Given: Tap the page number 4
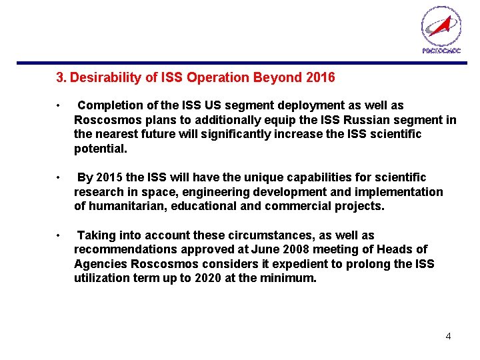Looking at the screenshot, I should point(448,336).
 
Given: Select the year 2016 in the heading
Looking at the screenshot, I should point(320,78).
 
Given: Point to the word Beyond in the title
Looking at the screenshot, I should point(279,78).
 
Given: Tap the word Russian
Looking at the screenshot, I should point(376,120).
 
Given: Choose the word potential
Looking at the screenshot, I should point(100,149).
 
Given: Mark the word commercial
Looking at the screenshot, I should point(295,206).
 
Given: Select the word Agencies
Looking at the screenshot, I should point(99,264).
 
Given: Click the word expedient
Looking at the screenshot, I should point(297,264).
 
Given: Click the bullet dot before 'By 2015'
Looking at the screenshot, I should point(60,178).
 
